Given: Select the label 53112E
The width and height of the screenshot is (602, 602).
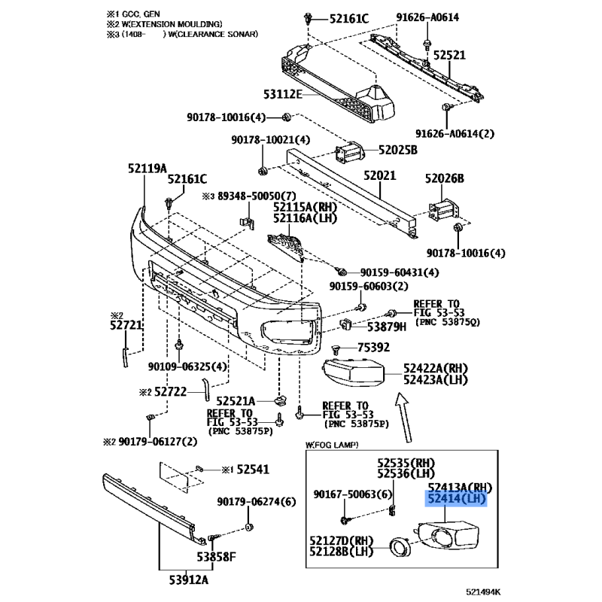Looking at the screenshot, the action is (283, 94).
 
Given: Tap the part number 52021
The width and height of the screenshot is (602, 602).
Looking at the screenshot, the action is (380, 175).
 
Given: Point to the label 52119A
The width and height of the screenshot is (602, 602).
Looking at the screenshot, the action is (147, 168).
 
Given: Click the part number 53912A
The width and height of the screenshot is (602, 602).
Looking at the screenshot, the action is (189, 579).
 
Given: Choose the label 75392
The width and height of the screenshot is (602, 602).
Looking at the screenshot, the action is (373, 347).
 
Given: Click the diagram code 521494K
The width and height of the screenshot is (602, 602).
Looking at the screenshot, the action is (483, 592).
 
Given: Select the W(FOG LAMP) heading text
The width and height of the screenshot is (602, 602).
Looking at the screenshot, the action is (332, 445).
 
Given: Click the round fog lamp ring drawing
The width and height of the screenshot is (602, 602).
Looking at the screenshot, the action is (400, 548).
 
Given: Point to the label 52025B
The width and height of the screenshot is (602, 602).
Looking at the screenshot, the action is (398, 150).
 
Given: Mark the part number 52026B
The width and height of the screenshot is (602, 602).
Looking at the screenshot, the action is (444, 178).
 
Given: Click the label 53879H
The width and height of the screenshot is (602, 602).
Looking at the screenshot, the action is (387, 327).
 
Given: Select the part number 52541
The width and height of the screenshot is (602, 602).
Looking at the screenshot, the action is (253, 469).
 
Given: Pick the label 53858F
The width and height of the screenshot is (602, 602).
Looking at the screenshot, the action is (216, 557).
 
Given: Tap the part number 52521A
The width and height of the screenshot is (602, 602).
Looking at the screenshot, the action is (236, 401).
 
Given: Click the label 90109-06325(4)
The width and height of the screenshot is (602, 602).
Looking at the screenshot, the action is (187, 366).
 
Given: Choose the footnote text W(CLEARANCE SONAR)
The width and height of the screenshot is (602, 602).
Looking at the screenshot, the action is (213, 34).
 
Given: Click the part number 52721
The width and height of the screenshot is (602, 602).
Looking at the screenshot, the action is (126, 325).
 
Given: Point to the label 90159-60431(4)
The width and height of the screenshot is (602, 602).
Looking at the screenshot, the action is (400, 272).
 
